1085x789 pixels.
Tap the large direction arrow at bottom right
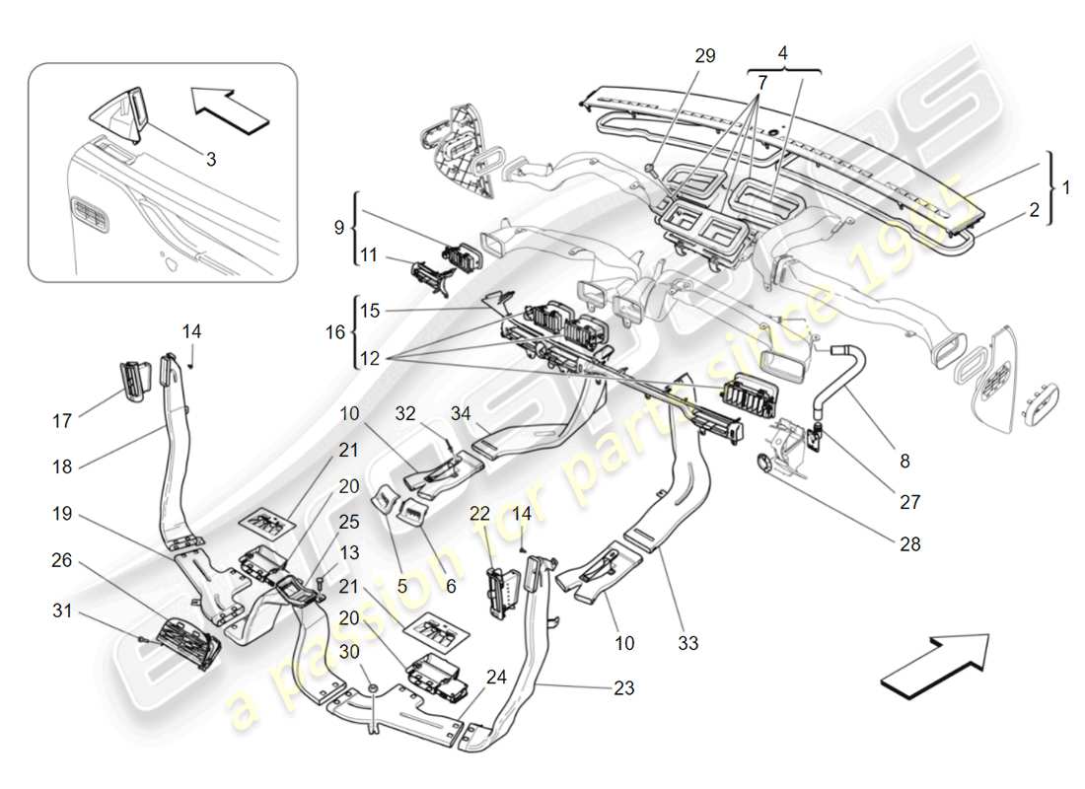click(934, 658)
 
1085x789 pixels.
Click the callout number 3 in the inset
click(211, 157)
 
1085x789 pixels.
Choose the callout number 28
click(909, 542)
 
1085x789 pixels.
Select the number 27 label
click(909, 502)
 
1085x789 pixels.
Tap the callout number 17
click(61, 421)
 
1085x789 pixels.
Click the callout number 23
click(622, 689)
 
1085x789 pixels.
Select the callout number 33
click(687, 643)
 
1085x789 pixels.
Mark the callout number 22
click(479, 513)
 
